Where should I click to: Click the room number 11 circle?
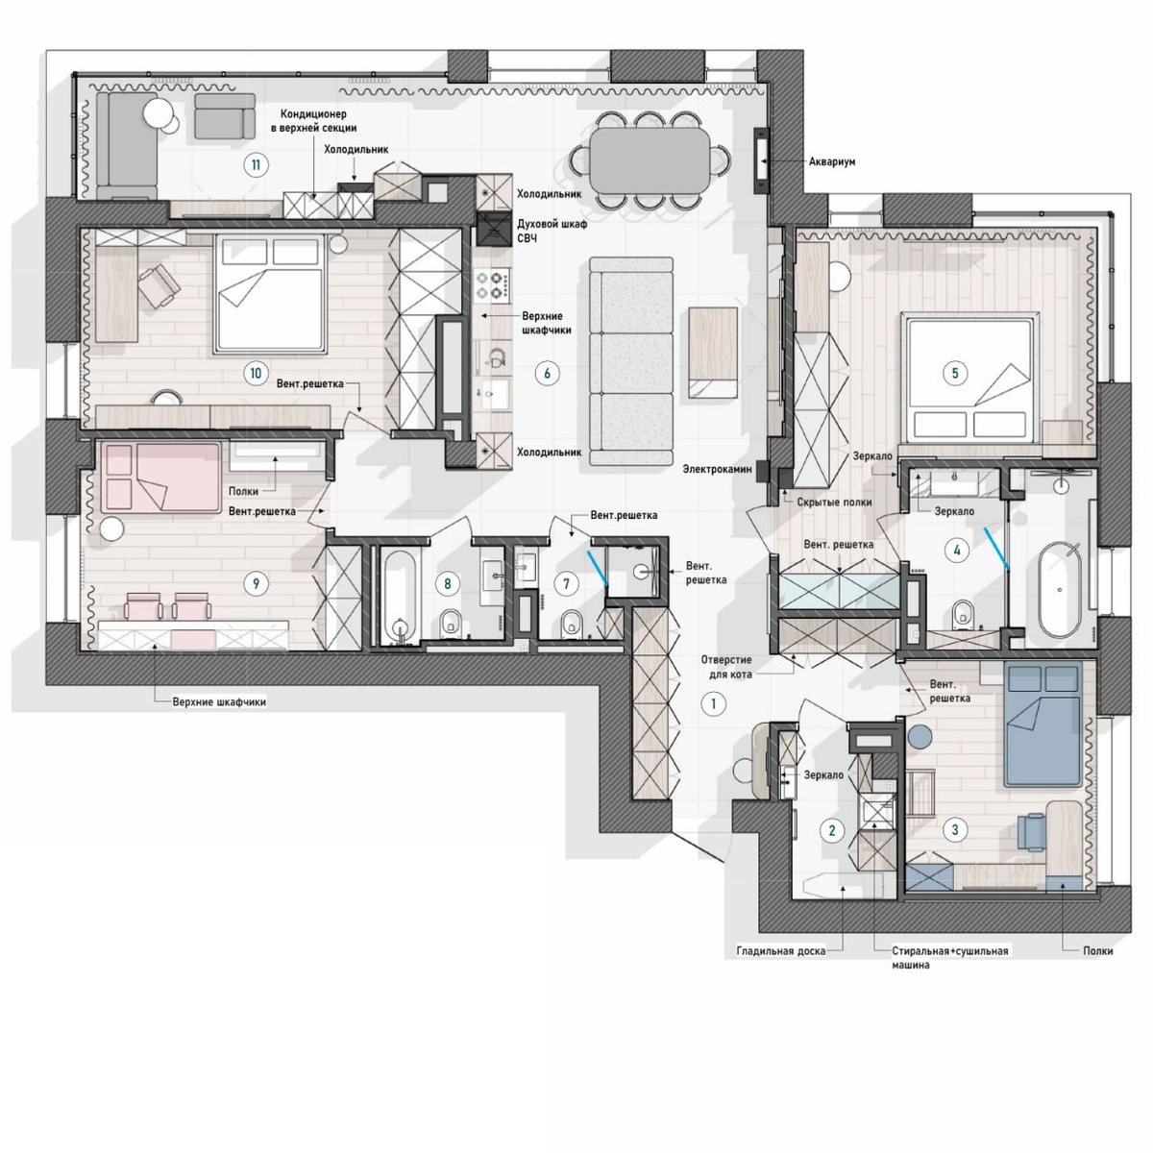tap(257, 164)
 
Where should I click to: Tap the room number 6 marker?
tap(547, 374)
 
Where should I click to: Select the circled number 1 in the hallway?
tap(713, 703)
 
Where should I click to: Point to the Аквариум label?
tap(832, 161)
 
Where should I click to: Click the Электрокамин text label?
tap(717, 470)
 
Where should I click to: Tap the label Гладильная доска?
tap(781, 951)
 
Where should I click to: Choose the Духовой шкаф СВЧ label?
tap(552, 231)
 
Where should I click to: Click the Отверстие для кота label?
tap(725, 667)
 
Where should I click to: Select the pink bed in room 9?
tap(159, 478)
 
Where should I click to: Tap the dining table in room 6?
tap(650, 159)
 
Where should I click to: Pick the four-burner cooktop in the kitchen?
tap(493, 285)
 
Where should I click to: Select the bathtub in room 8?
tap(397, 597)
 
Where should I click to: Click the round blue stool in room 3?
tap(920, 735)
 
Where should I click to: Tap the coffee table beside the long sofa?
tap(713, 353)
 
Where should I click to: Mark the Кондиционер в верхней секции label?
tap(313, 120)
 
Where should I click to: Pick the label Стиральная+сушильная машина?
tap(949, 957)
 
